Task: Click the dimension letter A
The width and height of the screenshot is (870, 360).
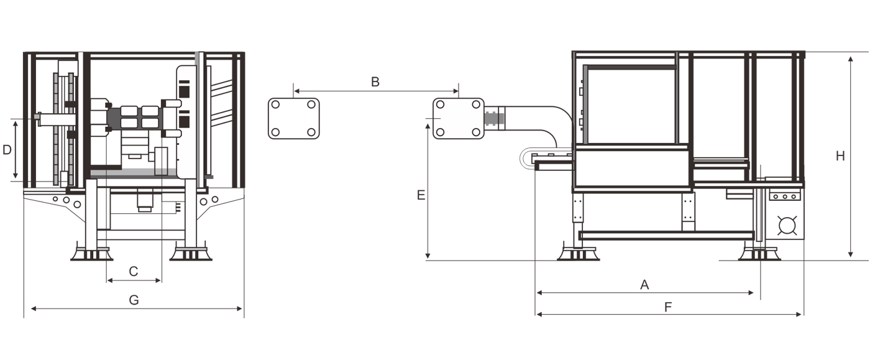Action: pos(644,285)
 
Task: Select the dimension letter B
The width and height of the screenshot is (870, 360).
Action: pos(375,81)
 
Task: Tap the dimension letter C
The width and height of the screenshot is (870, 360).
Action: pos(133,271)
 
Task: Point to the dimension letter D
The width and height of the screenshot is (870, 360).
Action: pos(7,150)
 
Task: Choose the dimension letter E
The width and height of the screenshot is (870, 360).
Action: pos(421,195)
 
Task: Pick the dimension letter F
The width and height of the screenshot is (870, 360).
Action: pos(668,307)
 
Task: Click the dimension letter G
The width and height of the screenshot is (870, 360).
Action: pos(134,300)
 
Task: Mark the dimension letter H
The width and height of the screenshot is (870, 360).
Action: pos(840,156)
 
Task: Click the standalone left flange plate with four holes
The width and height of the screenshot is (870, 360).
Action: pos(293,118)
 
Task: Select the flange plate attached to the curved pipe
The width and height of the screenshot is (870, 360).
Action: pos(458,118)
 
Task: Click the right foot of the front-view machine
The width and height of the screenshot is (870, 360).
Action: pos(191,254)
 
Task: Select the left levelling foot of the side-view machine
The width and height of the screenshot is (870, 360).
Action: pos(578,254)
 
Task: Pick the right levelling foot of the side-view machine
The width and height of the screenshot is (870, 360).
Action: pos(759,254)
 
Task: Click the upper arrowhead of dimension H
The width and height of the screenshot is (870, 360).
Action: pos(851,58)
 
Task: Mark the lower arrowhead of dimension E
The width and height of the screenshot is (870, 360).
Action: pos(428,256)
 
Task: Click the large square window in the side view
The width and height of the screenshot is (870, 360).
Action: pos(631,106)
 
